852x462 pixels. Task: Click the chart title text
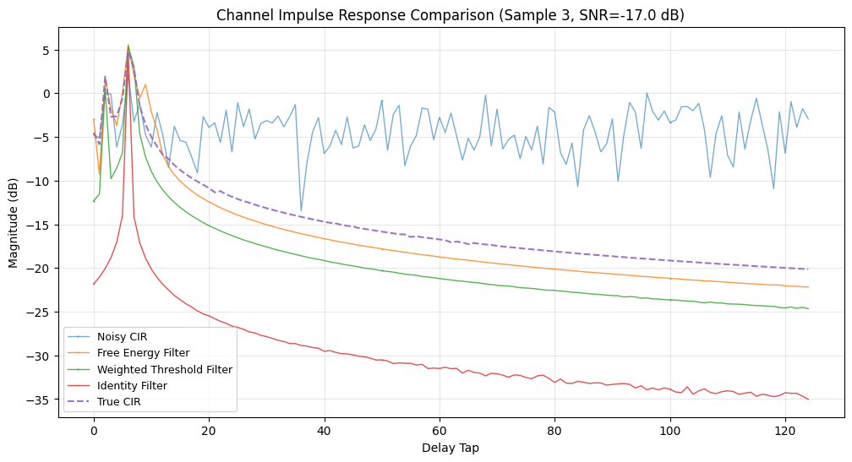pyautogui.click(x=451, y=14)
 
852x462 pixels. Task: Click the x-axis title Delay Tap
pyautogui.click(x=451, y=448)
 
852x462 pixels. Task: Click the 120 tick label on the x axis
pyautogui.click(x=785, y=429)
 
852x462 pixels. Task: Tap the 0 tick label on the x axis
pyautogui.click(x=94, y=429)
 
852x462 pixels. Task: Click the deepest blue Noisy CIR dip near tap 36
pyautogui.click(x=301, y=211)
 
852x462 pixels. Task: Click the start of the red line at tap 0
pyautogui.click(x=94, y=284)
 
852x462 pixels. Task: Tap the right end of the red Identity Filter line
pyautogui.click(x=808, y=399)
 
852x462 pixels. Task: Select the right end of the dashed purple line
pyautogui.click(x=808, y=269)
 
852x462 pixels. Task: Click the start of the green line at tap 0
pyautogui.click(x=94, y=201)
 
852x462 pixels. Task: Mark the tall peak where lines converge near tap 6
pyautogui.click(x=128, y=47)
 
